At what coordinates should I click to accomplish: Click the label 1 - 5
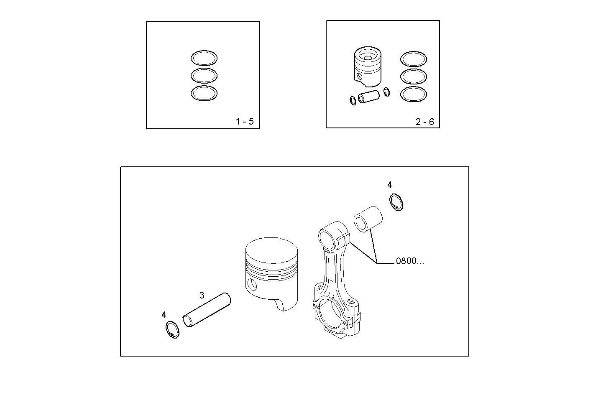pos(245,122)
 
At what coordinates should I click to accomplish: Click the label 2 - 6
pos(424,122)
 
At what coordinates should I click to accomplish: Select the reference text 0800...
pos(409,262)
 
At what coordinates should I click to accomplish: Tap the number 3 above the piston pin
pos(202,295)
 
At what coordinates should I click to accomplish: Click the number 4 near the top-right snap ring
pos(389,185)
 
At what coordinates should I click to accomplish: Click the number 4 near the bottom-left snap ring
pos(164,315)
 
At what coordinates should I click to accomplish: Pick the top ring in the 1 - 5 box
pos(204,58)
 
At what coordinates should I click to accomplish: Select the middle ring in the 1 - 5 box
pos(204,76)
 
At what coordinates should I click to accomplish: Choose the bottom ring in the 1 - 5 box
pos(204,93)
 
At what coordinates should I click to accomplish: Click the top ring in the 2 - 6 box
pos(413,59)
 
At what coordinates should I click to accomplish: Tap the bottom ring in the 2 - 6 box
pos(413,94)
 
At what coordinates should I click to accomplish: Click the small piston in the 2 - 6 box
pos(368,65)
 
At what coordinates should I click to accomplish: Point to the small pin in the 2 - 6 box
pos(368,97)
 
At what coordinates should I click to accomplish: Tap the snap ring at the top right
pos(396,202)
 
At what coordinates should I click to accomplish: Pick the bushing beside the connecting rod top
pos(368,219)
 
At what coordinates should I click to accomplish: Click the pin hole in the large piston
pos(251,285)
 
